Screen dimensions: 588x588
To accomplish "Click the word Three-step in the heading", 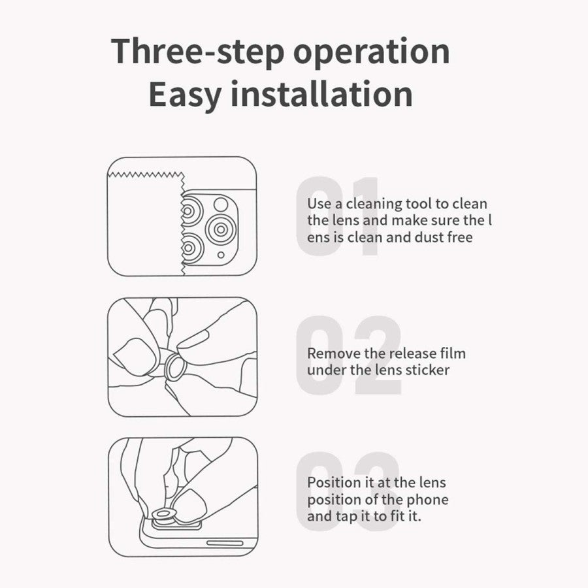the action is [197, 52].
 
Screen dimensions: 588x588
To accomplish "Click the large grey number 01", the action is [338, 216].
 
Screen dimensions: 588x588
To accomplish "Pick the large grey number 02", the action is [349, 355].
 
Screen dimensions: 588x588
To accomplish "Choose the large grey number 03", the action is [348, 491].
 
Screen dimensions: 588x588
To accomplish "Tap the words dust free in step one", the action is [444, 237].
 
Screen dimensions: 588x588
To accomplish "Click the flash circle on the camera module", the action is [221, 204].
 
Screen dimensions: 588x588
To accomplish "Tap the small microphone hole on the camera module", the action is [221, 255].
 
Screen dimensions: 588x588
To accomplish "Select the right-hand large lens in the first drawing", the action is [221, 229].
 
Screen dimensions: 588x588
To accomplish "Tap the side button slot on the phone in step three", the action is [225, 543].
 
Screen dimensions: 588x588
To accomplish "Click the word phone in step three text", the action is [427, 500].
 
